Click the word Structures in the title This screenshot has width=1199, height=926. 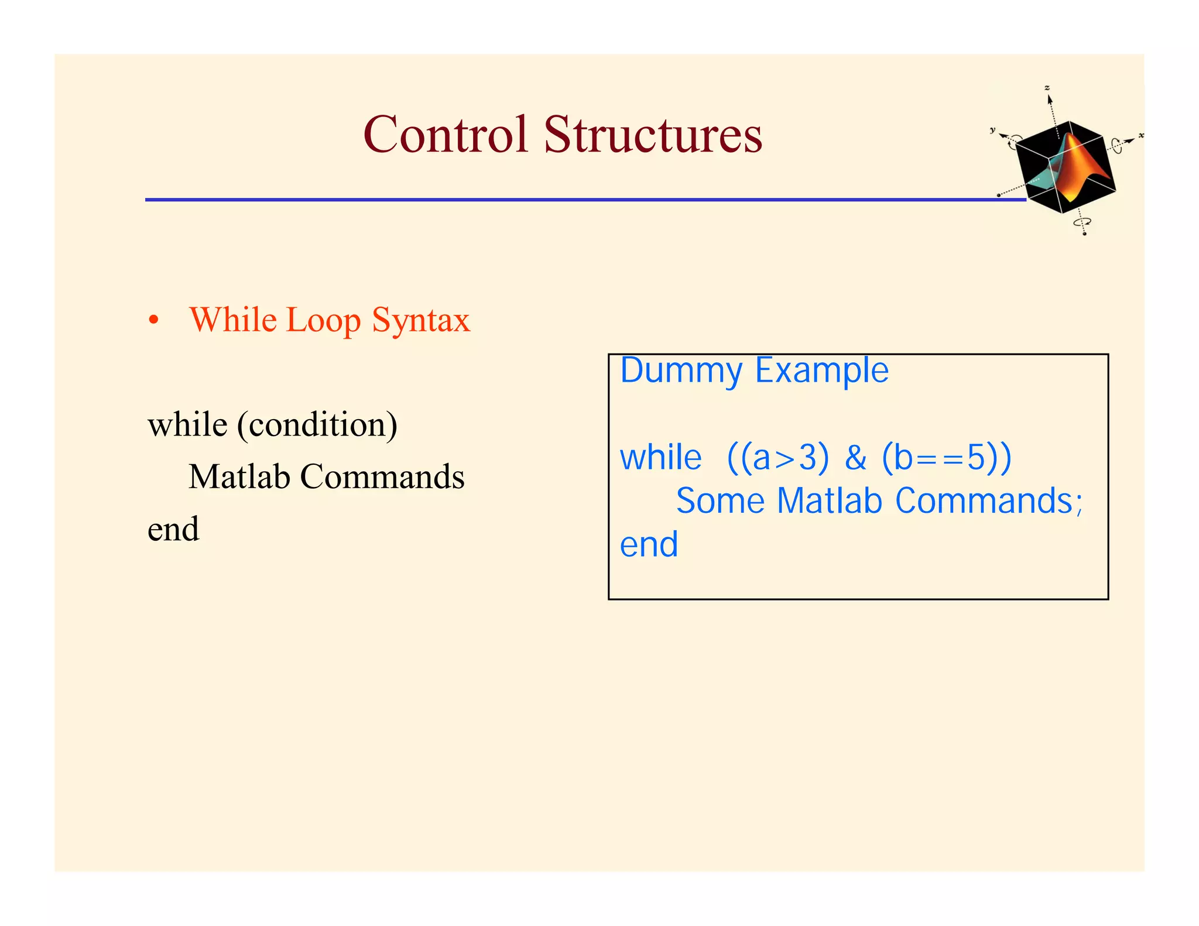tap(653, 135)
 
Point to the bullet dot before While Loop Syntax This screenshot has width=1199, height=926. tap(153, 321)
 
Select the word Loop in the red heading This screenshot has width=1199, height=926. tap(323, 320)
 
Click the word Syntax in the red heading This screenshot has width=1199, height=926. tap(421, 321)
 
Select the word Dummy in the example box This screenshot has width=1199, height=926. tap(681, 371)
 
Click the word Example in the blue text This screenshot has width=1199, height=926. tap(821, 371)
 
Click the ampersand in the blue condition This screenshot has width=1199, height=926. tap(855, 458)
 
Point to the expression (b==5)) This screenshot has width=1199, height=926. tap(946, 458)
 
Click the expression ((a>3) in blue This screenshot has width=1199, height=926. tap(777, 458)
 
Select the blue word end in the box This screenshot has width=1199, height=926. tap(649, 545)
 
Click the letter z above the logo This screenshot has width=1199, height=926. tap(1047, 88)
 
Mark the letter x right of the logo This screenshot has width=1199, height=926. tap(1141, 136)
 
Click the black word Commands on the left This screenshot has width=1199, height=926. tap(382, 476)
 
